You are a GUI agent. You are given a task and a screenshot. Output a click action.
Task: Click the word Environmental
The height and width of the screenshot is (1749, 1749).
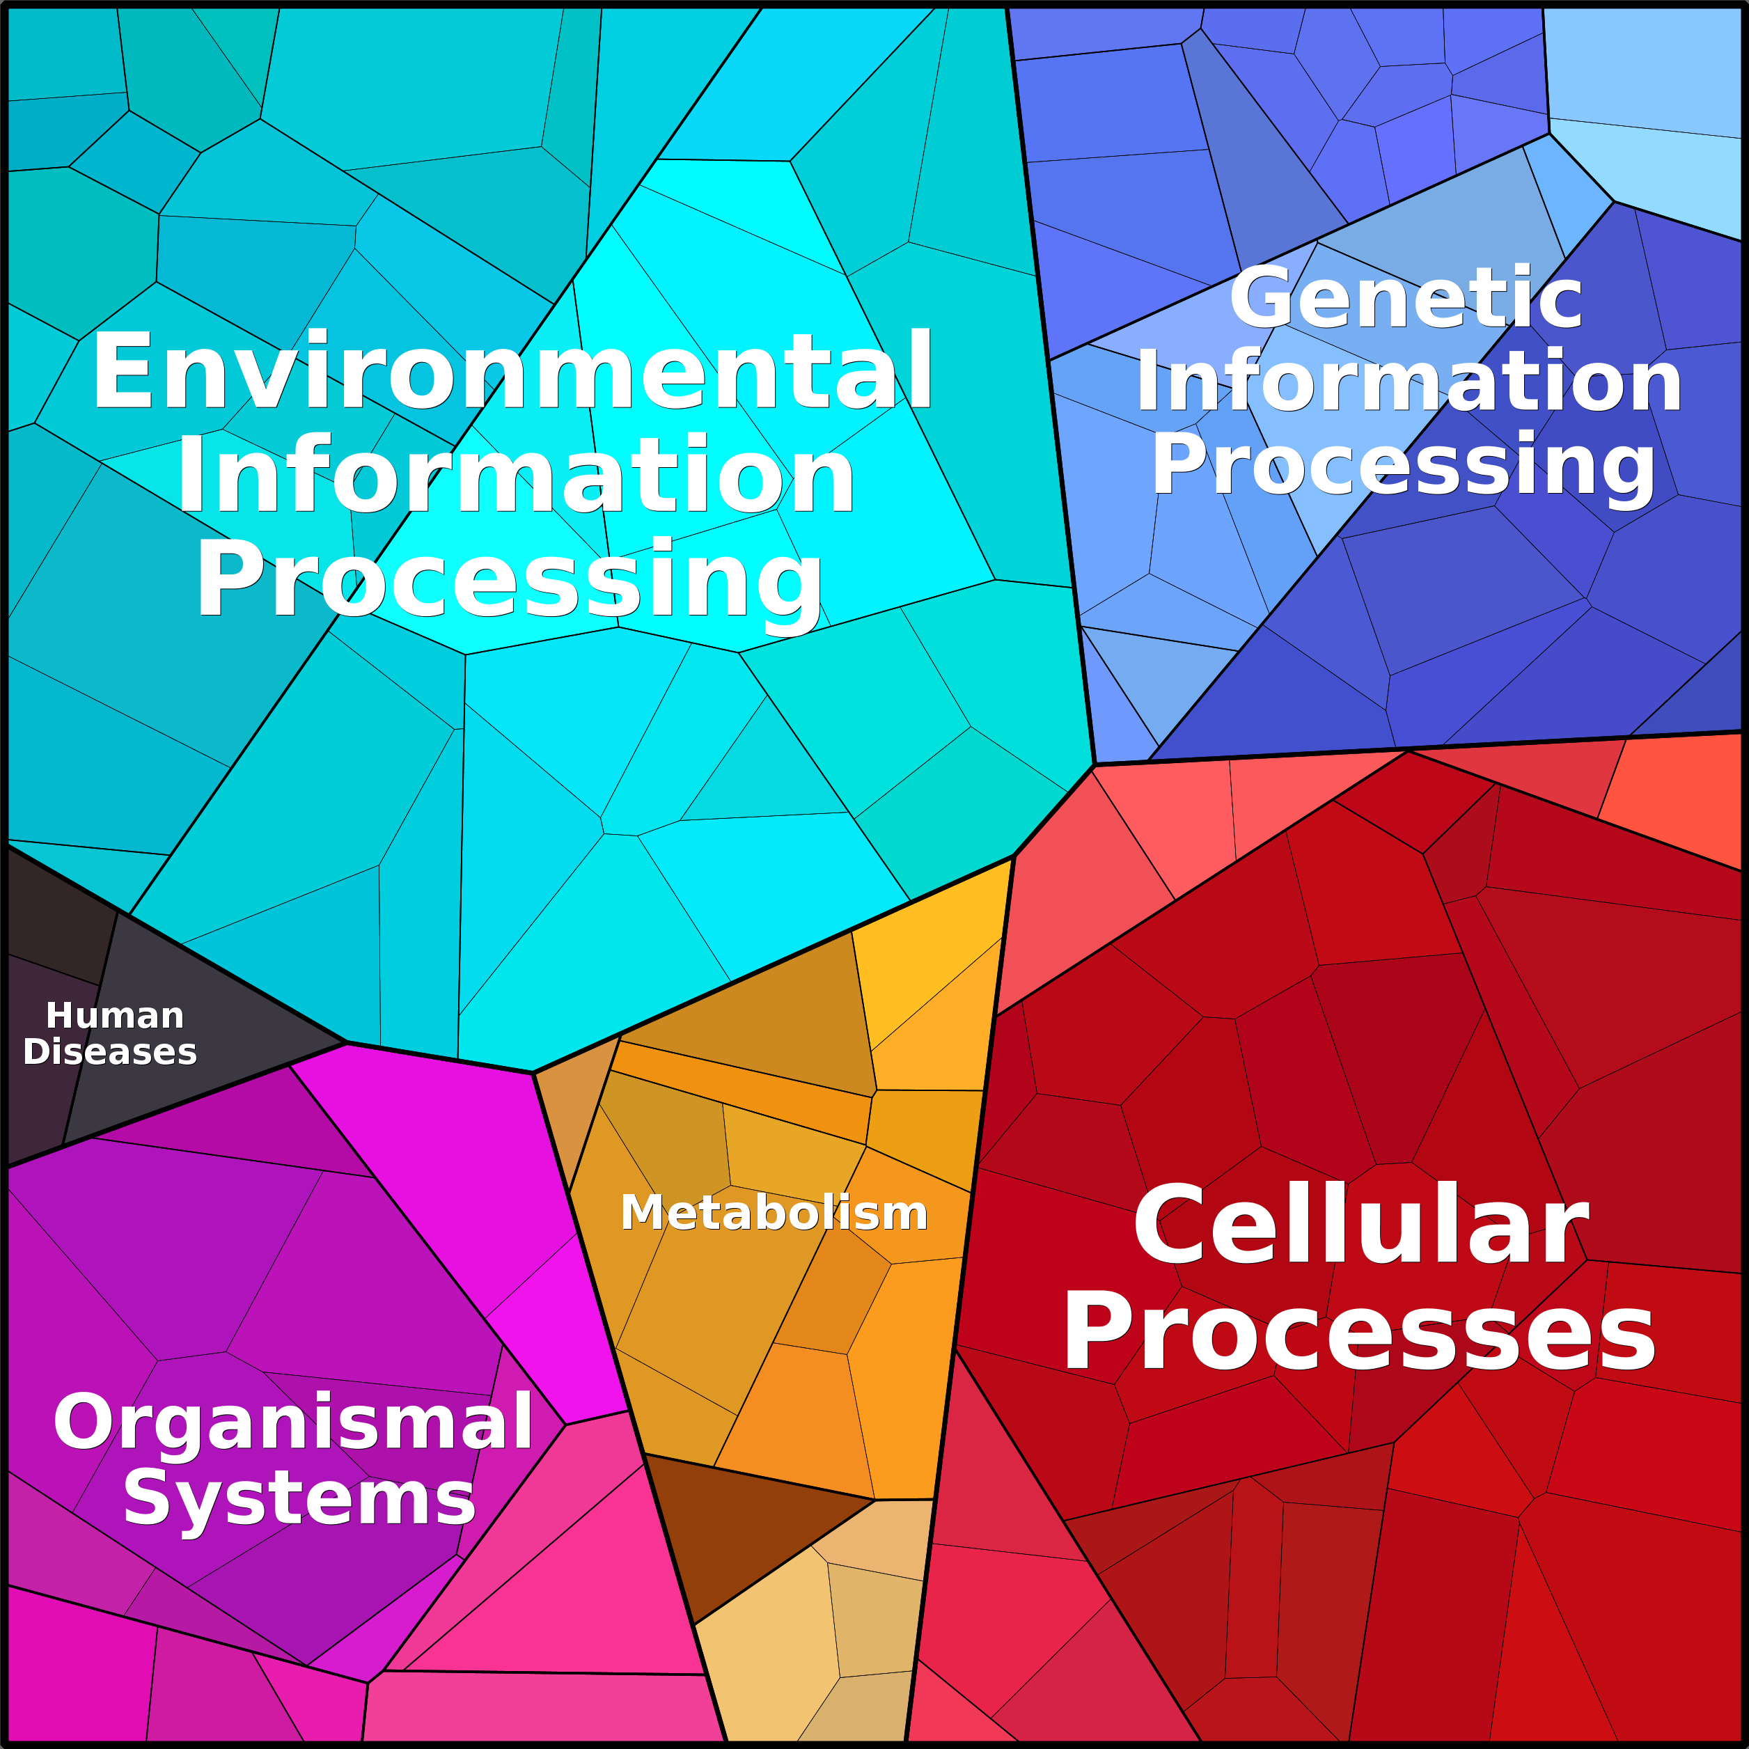click(x=512, y=370)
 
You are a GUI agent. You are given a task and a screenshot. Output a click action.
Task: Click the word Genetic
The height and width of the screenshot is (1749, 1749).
click(x=1406, y=298)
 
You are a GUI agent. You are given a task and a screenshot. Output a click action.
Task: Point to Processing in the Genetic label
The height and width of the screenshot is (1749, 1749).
click(x=1403, y=464)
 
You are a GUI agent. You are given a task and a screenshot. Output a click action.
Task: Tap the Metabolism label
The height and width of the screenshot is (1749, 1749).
click(x=774, y=1212)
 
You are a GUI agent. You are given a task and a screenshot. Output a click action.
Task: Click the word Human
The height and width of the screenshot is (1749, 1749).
click(x=115, y=1015)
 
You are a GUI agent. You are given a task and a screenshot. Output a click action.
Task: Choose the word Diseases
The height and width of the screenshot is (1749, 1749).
click(x=109, y=1052)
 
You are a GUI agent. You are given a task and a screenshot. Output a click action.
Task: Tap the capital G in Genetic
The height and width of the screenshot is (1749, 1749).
click(x=1264, y=298)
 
